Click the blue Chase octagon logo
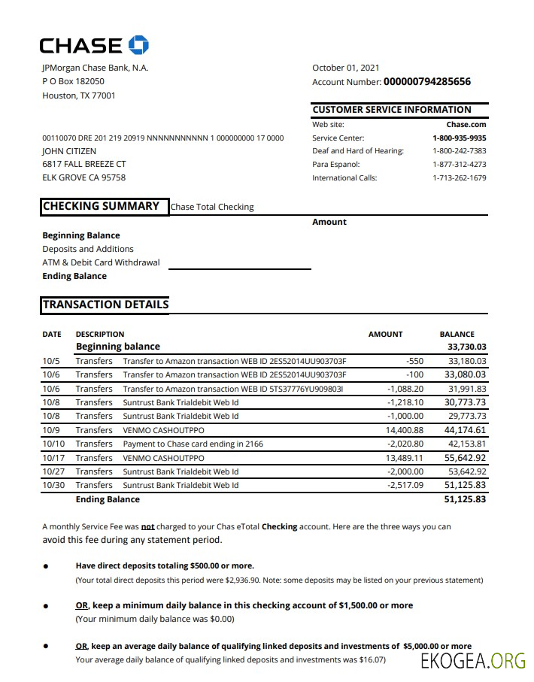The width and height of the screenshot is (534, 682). pyautogui.click(x=138, y=45)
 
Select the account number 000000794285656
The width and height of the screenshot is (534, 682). pyautogui.click(x=427, y=81)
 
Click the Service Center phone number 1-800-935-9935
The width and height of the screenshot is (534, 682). pyautogui.click(x=459, y=138)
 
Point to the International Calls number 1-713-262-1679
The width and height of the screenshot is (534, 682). pyautogui.click(x=459, y=178)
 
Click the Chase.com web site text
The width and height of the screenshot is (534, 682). pyautogui.click(x=466, y=125)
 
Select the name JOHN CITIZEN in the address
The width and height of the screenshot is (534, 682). pyautogui.click(x=69, y=151)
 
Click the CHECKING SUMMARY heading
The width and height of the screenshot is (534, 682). pyautogui.click(x=101, y=206)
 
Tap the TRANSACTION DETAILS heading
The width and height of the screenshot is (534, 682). pyautogui.click(x=105, y=305)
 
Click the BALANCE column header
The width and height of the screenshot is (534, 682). pyautogui.click(x=457, y=334)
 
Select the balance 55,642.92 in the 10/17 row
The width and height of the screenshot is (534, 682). pyautogui.click(x=465, y=457)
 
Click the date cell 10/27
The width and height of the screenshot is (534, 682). pyautogui.click(x=53, y=471)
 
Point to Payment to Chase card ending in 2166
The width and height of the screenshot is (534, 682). pyautogui.click(x=193, y=444)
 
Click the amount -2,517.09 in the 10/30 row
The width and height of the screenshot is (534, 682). pyautogui.click(x=405, y=485)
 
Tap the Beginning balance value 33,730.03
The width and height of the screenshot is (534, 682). pyautogui.click(x=466, y=347)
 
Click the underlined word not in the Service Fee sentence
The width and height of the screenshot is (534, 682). pyautogui.click(x=148, y=527)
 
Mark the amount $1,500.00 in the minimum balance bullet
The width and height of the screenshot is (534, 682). pyautogui.click(x=358, y=605)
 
